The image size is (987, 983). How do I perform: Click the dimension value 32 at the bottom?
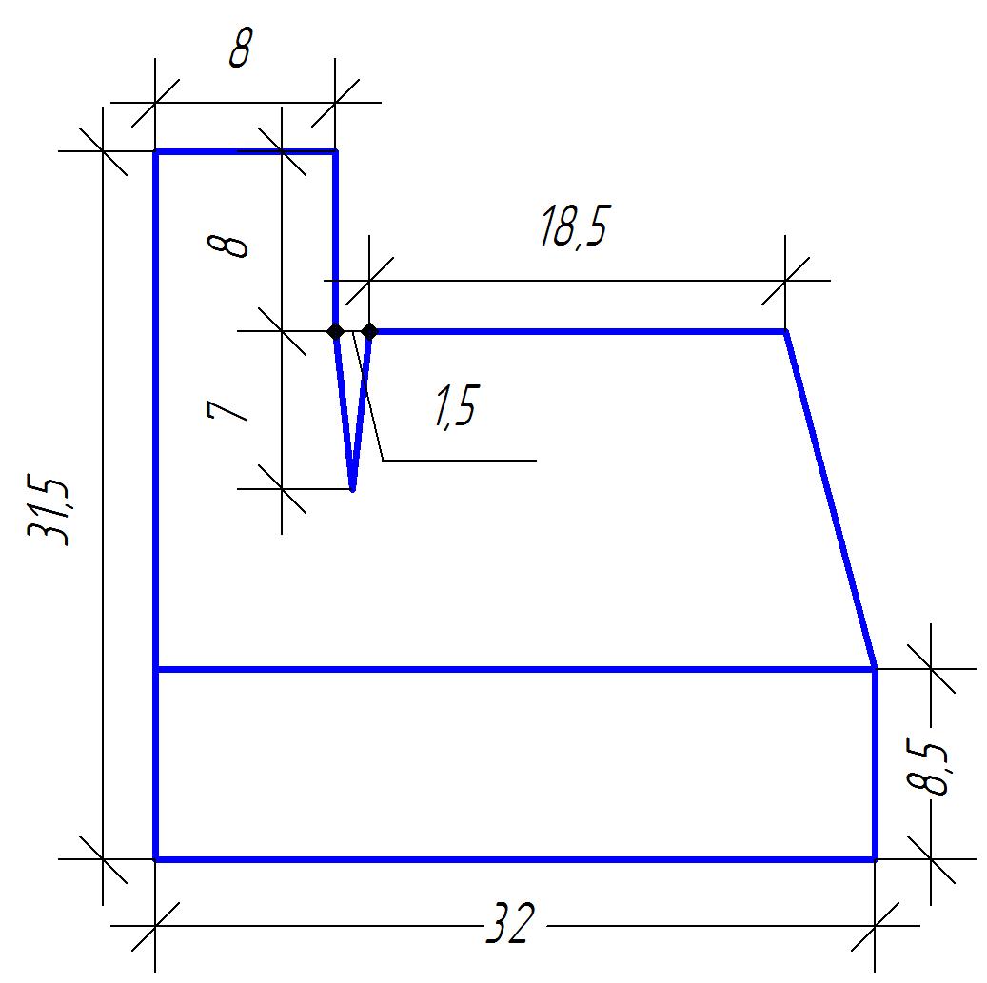pyautogui.click(x=510, y=923)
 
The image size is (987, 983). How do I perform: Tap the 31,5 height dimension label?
pyautogui.click(x=48, y=513)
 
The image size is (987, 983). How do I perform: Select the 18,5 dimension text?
pyautogui.click(x=575, y=226)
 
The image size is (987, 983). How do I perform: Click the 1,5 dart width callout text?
pyautogui.click(x=457, y=405)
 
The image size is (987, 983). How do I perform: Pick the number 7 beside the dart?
pyautogui.click(x=227, y=411)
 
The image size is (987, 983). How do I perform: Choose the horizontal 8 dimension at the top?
pyautogui.click(x=241, y=49)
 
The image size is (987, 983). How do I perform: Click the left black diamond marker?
pyautogui.click(x=336, y=331)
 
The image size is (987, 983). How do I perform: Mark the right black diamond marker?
pyautogui.click(x=369, y=331)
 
